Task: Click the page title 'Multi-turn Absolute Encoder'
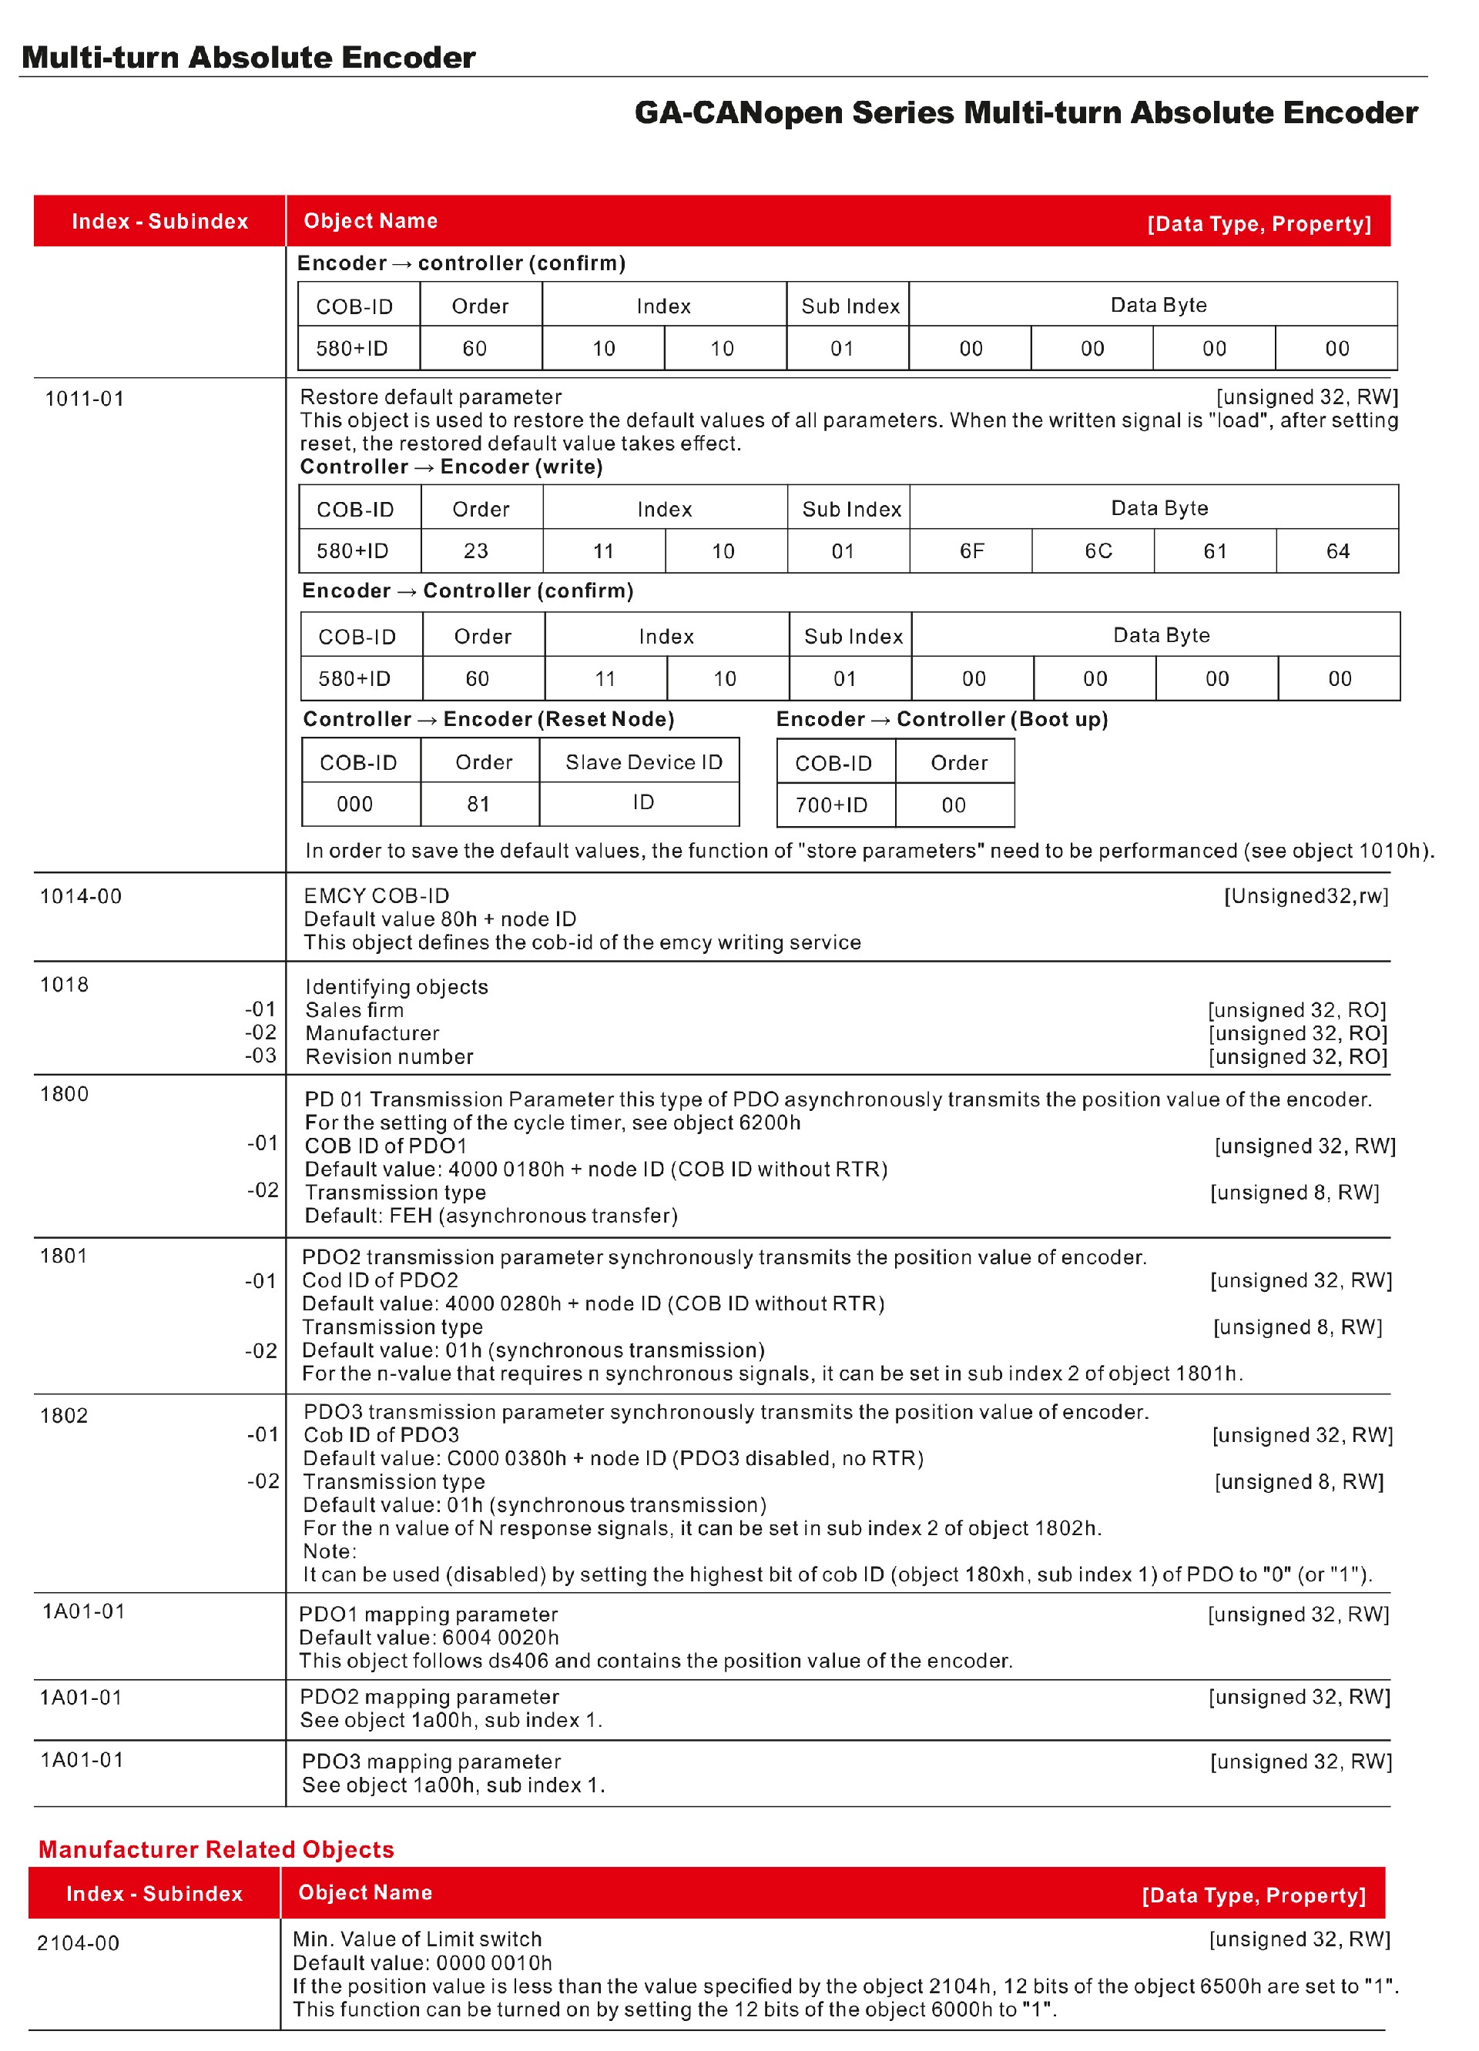[248, 57]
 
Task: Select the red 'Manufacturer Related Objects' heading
[216, 1849]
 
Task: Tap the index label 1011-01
[84, 399]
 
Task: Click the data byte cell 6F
[971, 550]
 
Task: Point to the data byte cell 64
[1337, 550]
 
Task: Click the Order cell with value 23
[476, 550]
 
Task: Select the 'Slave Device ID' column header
[643, 762]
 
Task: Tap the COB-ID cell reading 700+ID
[831, 805]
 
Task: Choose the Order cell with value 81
[478, 804]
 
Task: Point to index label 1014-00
[81, 896]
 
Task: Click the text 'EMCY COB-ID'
[377, 895]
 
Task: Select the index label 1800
[64, 1094]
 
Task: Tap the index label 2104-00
[78, 1942]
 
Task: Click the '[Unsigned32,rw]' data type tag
[1306, 895]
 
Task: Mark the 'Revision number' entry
[389, 1056]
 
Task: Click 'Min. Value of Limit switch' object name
[417, 1939]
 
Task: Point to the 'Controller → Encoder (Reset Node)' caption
[488, 719]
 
